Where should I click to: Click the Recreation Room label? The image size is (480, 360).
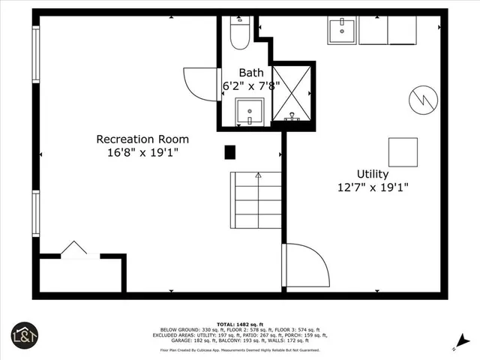[142, 139]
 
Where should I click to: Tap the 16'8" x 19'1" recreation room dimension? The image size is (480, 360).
[142, 153]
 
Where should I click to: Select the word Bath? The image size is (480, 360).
[250, 73]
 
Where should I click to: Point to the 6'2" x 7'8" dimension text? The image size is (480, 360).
[250, 86]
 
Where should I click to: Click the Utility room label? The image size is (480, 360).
[372, 174]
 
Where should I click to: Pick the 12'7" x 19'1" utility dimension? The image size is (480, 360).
[372, 188]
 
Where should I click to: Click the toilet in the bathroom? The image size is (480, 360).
[240, 34]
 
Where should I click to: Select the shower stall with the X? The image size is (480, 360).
[292, 94]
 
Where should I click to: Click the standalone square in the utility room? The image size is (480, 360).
[403, 152]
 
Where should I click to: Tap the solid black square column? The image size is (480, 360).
[230, 152]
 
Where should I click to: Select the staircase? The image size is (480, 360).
[256, 200]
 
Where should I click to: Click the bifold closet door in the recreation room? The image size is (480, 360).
[73, 250]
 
